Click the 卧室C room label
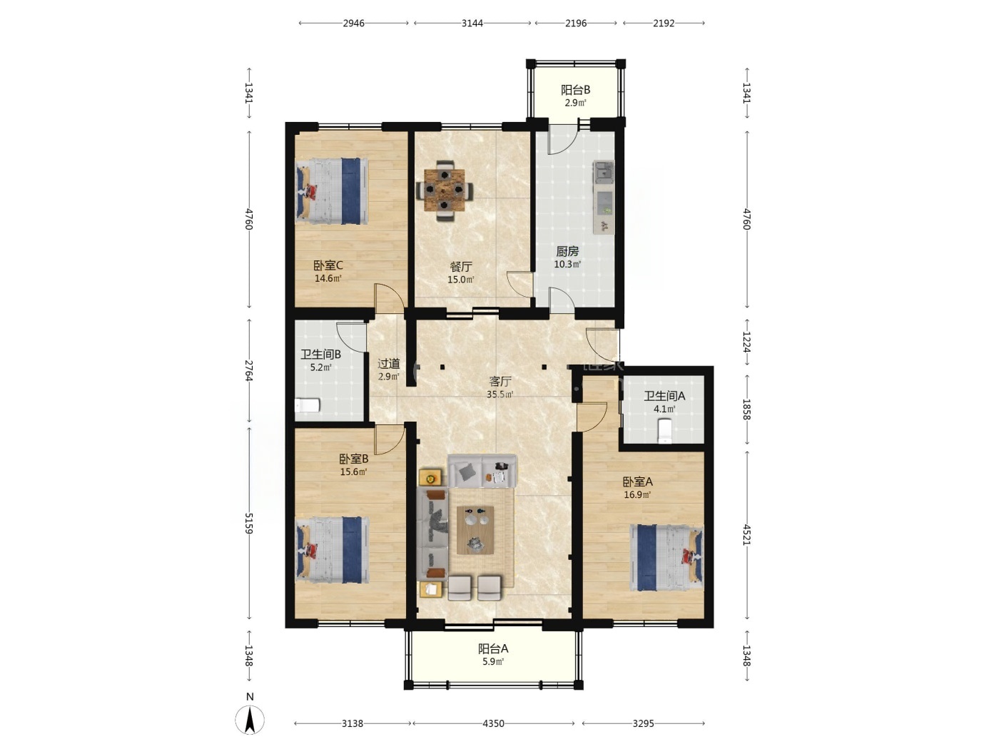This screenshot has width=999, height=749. (328, 265)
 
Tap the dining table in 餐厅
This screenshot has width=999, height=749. (445, 190)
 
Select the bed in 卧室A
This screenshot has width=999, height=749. (666, 558)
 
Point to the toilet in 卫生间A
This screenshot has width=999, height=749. (665, 431)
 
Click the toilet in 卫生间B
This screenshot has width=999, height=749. (308, 404)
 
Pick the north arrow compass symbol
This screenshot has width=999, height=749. (250, 720)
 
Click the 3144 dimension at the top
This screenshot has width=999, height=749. (472, 24)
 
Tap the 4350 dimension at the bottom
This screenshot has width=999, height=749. (493, 723)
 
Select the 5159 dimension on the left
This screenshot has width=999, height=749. (249, 523)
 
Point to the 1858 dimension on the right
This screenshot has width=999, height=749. (746, 409)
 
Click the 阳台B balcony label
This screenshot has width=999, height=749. (575, 90)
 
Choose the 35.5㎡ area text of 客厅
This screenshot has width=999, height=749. (499, 394)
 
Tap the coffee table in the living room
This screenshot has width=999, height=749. (475, 530)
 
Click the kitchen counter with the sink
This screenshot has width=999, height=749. (604, 198)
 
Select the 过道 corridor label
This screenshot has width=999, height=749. (389, 364)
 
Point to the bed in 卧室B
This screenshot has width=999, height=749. (332, 550)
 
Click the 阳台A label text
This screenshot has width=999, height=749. (493, 648)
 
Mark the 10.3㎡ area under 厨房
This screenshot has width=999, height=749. (567, 264)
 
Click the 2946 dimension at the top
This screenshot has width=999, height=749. (354, 24)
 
